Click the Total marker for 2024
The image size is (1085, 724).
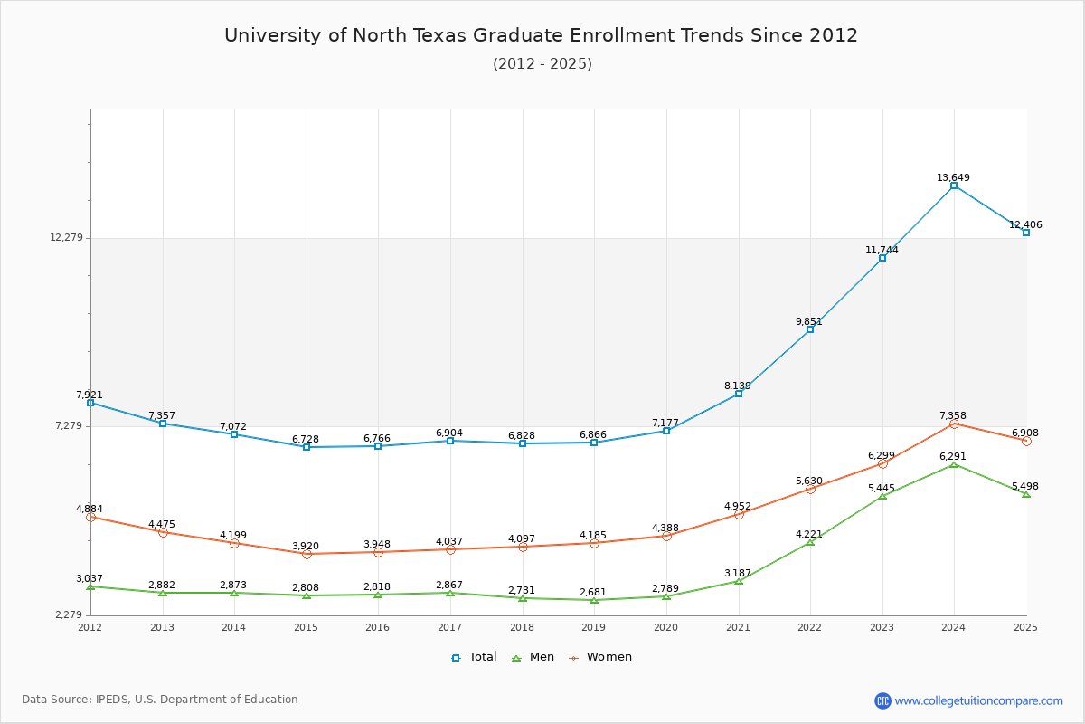[x=954, y=186]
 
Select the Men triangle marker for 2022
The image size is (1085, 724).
[x=810, y=541]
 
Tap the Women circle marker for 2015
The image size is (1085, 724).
[x=307, y=554]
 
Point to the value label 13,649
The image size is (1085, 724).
[x=953, y=177]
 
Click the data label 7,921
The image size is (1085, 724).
[x=90, y=395]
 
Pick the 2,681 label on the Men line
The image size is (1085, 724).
[x=593, y=592]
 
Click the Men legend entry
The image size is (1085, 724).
[x=535, y=657]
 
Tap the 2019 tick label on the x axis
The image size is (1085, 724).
[x=593, y=627]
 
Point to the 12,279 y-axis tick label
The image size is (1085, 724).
[x=66, y=237]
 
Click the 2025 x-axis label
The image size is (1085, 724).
[x=1025, y=627]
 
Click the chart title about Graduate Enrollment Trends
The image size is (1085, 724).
[x=541, y=35]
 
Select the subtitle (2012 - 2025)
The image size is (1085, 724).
[x=542, y=63]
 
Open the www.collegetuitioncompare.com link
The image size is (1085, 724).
[x=978, y=700]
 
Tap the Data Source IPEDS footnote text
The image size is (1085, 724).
[x=160, y=700]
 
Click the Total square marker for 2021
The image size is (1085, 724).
[x=739, y=394]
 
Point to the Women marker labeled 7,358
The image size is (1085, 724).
[x=954, y=424]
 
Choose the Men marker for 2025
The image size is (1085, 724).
[x=1026, y=494]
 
